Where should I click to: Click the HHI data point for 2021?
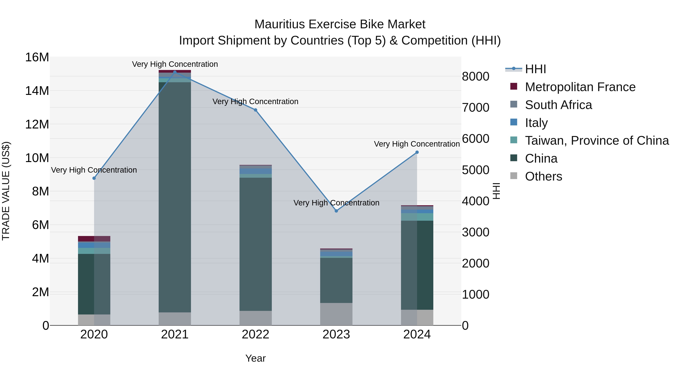click(x=175, y=72)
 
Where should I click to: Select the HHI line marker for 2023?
click(x=336, y=211)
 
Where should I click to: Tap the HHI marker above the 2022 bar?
click(x=256, y=110)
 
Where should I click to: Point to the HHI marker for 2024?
click(x=417, y=152)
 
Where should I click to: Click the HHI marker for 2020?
click(x=94, y=178)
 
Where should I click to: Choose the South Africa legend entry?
click(x=558, y=105)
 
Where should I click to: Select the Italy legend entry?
click(x=536, y=123)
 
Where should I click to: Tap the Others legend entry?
click(x=543, y=176)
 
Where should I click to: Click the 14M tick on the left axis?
click(x=37, y=91)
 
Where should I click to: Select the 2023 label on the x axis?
click(x=336, y=334)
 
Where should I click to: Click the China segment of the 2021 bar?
click(x=175, y=198)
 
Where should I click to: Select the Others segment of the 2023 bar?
click(x=336, y=314)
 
